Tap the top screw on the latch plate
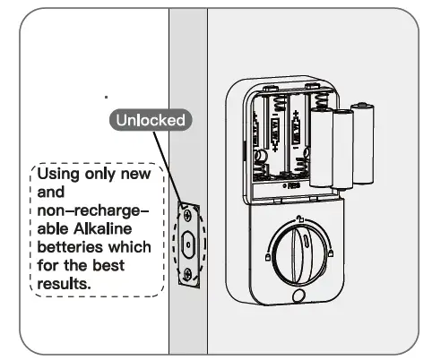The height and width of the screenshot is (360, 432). pos(189,212)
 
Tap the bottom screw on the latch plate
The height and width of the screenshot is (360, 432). pos(187,274)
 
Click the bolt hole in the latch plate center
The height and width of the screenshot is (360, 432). pos(188,243)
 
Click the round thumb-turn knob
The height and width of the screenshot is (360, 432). pos(298,251)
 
